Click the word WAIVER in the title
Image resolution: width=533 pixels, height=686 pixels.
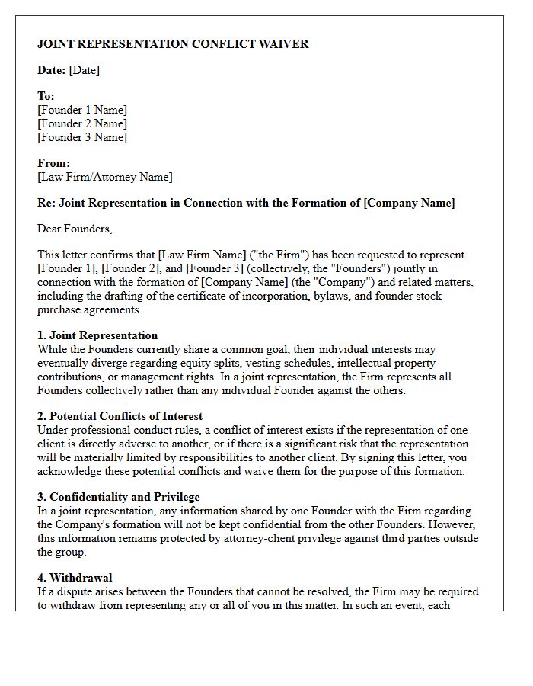[282, 44]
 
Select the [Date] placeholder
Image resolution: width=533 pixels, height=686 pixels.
[84, 71]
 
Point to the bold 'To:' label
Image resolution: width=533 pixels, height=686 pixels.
[46, 96]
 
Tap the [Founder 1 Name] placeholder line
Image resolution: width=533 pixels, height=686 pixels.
[82, 110]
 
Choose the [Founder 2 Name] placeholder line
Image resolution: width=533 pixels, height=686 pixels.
[82, 123]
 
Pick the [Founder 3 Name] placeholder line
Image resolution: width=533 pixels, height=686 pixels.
[82, 137]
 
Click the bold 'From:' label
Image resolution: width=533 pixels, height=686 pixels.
[53, 163]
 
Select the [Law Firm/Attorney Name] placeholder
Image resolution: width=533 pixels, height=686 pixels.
[105, 177]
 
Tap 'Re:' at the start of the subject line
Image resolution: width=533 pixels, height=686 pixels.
[46, 203]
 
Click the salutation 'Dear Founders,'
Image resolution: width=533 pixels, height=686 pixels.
[75, 229]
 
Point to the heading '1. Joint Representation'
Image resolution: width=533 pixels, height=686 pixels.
[97, 335]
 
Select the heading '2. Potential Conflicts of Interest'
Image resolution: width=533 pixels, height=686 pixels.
[120, 416]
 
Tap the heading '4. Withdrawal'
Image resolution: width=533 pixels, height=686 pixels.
[75, 578]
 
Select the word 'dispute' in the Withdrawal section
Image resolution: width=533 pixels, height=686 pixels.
[76, 591]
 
